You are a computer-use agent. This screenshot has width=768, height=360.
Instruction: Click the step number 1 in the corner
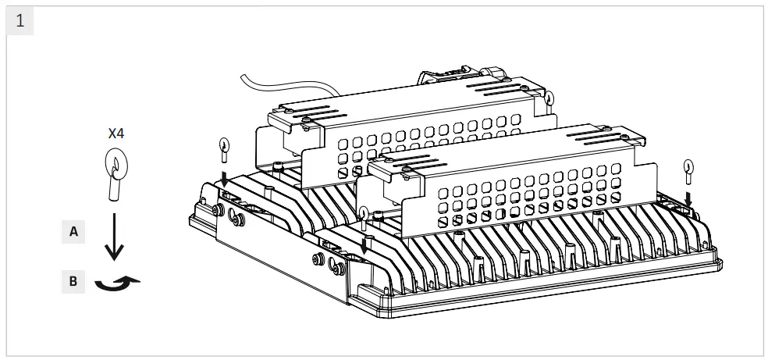20,20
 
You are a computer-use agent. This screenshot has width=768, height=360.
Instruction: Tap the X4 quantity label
116,134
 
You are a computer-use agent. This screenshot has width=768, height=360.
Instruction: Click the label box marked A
73,231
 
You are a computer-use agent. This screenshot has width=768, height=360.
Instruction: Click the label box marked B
73,281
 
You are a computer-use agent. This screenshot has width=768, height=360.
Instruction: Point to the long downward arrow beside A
115,238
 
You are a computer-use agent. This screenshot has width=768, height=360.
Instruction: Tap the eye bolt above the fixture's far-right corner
688,169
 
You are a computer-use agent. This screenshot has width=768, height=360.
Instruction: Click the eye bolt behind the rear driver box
548,100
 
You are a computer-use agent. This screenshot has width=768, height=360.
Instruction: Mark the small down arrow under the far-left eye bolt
225,179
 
